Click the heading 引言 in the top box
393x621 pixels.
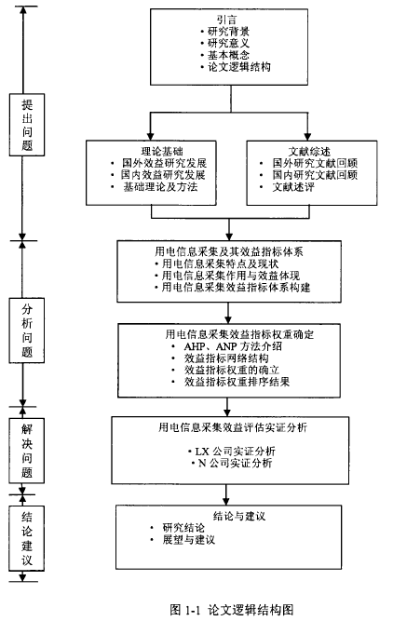click(x=227, y=20)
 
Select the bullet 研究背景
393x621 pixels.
click(x=228, y=32)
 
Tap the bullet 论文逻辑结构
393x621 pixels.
click(x=239, y=66)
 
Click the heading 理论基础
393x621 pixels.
click(x=162, y=151)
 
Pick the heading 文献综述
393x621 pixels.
click(x=309, y=151)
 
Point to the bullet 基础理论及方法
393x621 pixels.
click(x=160, y=187)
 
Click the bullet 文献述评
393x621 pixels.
click(x=293, y=187)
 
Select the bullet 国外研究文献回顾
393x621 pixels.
click(x=315, y=163)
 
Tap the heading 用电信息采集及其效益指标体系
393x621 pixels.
click(x=228, y=251)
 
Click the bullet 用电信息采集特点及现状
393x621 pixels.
click(x=221, y=263)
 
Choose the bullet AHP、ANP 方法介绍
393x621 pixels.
click(x=233, y=346)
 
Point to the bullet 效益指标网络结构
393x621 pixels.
click(x=226, y=358)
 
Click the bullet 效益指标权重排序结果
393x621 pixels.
click(x=237, y=382)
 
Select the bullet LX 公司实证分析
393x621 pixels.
click(x=235, y=452)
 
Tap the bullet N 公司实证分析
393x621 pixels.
click(x=235, y=463)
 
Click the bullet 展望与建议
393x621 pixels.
click(x=188, y=539)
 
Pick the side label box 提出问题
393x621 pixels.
click(x=27, y=125)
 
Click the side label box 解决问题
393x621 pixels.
click(x=27, y=451)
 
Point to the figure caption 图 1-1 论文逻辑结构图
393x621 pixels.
click(x=232, y=609)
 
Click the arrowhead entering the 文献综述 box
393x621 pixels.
click(x=307, y=137)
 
